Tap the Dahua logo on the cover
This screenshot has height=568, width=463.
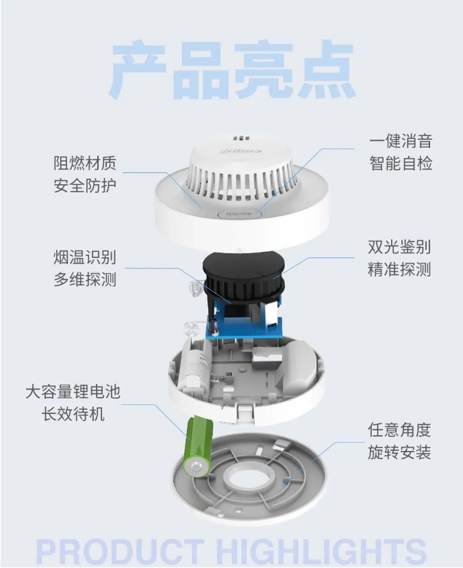240,151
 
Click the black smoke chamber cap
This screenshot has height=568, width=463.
242,268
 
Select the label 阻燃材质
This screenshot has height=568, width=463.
85,163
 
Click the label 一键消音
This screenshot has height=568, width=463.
401,140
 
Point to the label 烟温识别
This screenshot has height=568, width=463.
85,257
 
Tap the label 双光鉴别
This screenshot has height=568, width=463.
399,246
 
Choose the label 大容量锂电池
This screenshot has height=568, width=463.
73,391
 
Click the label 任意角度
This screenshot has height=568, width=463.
399,430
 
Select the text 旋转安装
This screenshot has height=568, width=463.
399,452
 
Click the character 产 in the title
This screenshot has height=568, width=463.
138,70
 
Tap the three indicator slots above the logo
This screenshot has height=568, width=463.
241,138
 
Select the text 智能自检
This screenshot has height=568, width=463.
401,163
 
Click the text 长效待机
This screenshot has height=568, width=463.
73,414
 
